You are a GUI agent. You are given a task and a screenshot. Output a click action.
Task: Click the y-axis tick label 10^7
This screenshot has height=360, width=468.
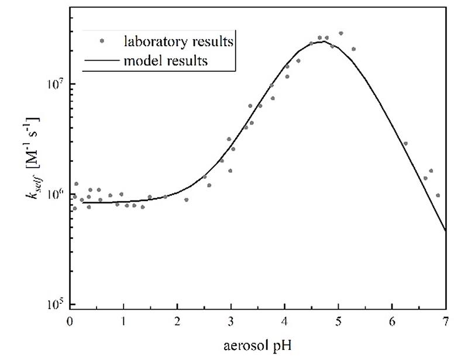point(54,84)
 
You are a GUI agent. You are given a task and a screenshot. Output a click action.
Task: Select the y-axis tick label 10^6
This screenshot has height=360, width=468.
point(54,194)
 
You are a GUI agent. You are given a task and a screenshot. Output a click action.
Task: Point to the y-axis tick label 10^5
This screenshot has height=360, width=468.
point(54,304)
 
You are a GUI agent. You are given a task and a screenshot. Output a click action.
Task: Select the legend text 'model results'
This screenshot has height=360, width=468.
point(166,60)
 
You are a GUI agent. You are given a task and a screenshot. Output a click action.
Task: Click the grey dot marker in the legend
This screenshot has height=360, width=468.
point(103,41)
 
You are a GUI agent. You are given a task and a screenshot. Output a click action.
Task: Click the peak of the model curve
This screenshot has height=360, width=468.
point(322,41)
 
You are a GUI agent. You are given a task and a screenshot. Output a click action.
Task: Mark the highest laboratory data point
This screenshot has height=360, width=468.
point(341,33)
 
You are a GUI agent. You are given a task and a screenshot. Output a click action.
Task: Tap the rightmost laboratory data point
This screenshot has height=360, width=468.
point(438,195)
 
